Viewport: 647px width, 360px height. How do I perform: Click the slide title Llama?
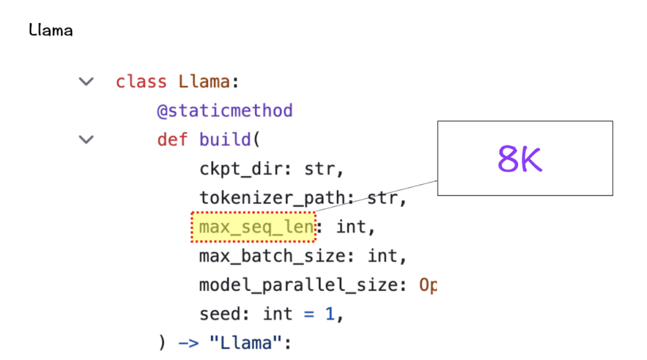(x=51, y=30)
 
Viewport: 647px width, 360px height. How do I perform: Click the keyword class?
(x=141, y=82)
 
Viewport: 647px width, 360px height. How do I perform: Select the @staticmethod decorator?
(x=225, y=111)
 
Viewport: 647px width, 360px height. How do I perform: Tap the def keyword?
(x=172, y=139)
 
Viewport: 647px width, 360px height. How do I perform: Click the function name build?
(x=225, y=139)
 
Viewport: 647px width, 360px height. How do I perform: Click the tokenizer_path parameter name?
(x=272, y=198)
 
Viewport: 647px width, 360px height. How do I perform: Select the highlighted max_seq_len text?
(x=256, y=227)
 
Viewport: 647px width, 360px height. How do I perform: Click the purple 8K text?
(x=520, y=159)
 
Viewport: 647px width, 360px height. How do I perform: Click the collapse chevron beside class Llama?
(x=86, y=81)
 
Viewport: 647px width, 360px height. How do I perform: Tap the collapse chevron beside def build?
(x=86, y=139)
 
